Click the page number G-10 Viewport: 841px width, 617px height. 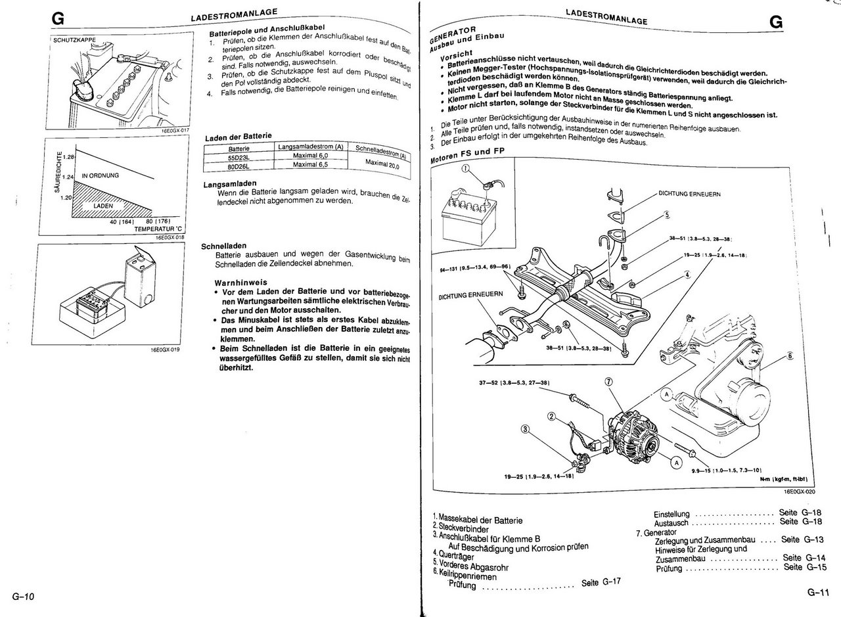(23, 597)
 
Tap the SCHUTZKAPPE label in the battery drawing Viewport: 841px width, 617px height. (74, 40)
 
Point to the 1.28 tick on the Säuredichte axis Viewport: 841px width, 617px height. (70, 158)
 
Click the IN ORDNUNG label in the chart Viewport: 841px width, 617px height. (100, 176)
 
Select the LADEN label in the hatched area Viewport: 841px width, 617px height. (103, 206)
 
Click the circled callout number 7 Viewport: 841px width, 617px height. (608, 382)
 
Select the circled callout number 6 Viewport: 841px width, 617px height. (790, 355)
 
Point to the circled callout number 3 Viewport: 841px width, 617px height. (525, 430)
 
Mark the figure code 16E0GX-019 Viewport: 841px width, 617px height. (165, 350)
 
